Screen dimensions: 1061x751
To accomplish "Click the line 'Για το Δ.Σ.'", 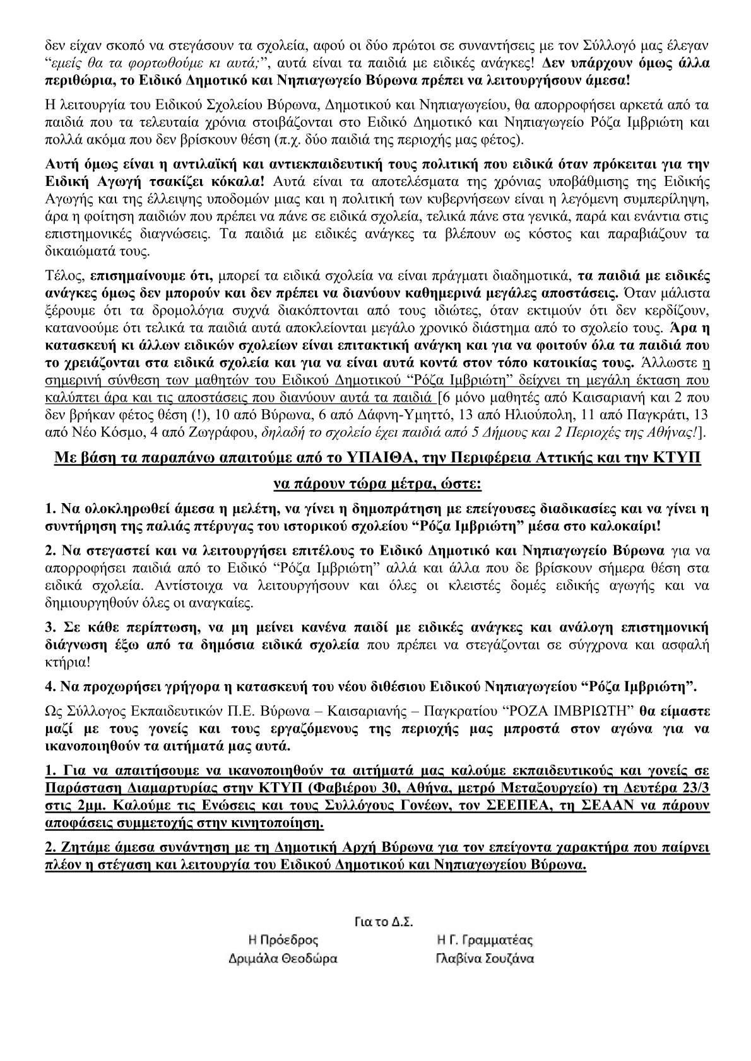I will tap(381, 922).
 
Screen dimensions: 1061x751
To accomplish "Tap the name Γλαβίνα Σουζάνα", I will tap(485, 960).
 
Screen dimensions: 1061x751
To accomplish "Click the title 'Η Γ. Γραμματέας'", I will tap(485, 941).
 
